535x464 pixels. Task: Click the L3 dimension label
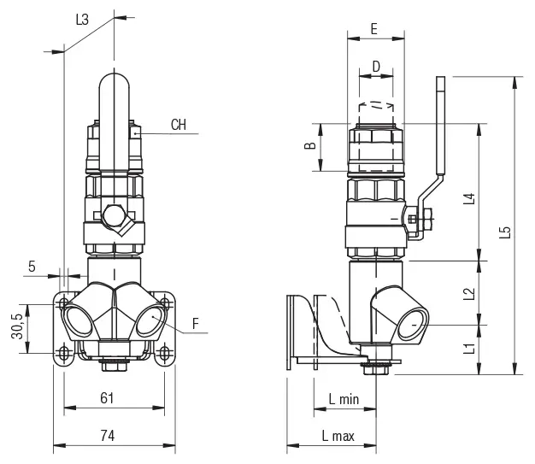[83, 18]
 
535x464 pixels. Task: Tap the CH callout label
[178, 125]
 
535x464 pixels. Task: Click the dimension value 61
[107, 397]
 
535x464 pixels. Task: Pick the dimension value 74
[107, 435]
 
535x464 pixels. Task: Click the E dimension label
[373, 28]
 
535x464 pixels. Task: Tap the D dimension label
[375, 67]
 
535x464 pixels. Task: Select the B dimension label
[310, 146]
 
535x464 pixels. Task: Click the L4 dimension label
[467, 200]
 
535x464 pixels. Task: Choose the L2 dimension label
[467, 293]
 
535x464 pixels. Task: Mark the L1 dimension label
[467, 348]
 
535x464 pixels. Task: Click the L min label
[343, 398]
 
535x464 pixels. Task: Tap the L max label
[338, 436]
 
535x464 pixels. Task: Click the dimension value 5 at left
[32, 266]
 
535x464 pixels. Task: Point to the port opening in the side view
[409, 325]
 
